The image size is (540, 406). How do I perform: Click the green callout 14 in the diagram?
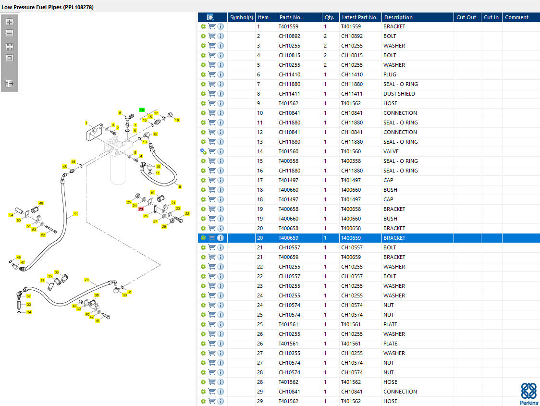pos(142,110)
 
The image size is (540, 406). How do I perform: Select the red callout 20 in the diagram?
pos(141,209)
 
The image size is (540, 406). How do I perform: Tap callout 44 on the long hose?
pos(75,213)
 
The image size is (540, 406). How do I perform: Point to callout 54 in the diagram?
pos(11,215)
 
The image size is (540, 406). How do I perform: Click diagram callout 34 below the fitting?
pos(29,312)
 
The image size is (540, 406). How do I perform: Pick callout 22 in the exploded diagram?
pos(187,213)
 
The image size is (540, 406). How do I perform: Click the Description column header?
pos(398,17)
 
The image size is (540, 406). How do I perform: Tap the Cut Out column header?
pos(466,17)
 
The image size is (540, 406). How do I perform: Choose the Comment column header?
pos(516,17)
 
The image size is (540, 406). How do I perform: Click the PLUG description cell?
pos(390,74)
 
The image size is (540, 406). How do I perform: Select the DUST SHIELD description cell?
pos(399,94)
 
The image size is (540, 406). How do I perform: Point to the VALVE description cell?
pos(391,151)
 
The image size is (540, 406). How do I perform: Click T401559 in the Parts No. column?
pos(288,26)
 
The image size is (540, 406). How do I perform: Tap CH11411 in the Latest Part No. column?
pos(352,94)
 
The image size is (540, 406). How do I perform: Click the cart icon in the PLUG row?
pos(212,74)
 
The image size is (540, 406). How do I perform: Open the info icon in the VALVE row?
pos(221,151)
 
